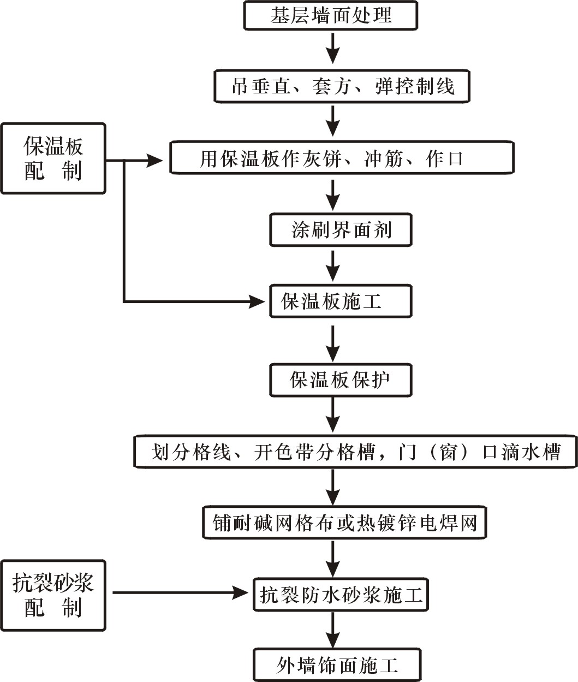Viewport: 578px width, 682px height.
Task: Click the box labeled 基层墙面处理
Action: pos(330,15)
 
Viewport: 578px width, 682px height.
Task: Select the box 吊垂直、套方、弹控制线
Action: pos(342,86)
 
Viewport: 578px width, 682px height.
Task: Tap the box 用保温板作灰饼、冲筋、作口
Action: pos(342,159)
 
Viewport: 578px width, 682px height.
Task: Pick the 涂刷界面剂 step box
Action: pos(341,230)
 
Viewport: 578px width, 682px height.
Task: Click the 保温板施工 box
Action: pos(341,301)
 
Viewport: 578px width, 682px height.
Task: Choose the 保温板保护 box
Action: pos(341,380)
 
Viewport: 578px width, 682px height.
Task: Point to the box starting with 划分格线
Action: pos(356,452)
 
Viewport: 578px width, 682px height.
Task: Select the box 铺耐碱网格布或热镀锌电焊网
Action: pos(344,523)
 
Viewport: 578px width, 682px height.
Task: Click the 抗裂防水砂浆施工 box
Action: pos(341,594)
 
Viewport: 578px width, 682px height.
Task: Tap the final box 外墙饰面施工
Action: pos(337,665)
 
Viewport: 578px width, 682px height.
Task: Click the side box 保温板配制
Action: pos(53,158)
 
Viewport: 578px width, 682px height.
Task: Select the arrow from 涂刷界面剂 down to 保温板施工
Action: pos(332,266)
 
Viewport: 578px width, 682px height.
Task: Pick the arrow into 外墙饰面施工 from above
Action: pos(332,631)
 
